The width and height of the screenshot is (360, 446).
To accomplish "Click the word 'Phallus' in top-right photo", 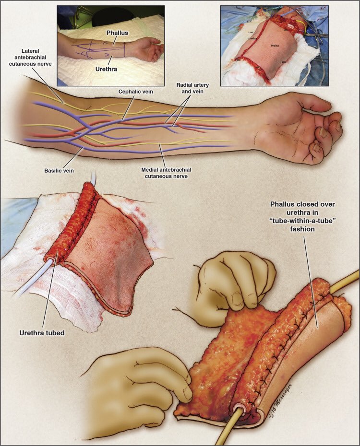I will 275,46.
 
